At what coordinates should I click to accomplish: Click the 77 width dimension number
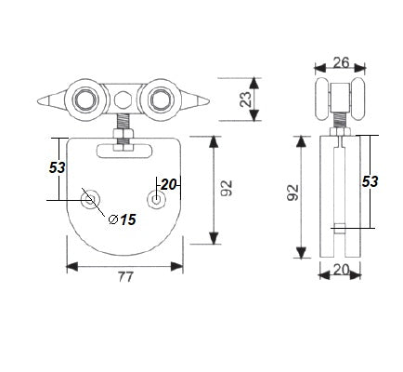124,276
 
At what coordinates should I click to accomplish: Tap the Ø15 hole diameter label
123,219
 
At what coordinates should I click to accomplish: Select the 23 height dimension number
247,100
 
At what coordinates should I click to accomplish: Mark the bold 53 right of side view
370,182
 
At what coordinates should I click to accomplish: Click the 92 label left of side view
293,193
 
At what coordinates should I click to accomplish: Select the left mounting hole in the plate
90,199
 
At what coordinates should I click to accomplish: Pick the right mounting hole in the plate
159,199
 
